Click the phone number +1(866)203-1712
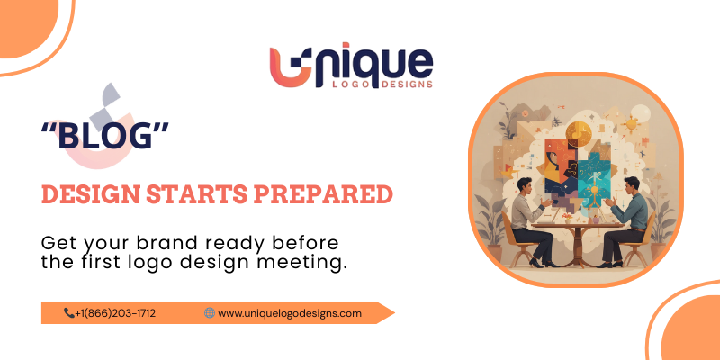tap(116, 313)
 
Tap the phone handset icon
tap(68, 313)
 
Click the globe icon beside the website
tap(210, 313)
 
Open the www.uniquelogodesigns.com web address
tap(290, 313)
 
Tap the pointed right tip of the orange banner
tap(392, 313)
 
